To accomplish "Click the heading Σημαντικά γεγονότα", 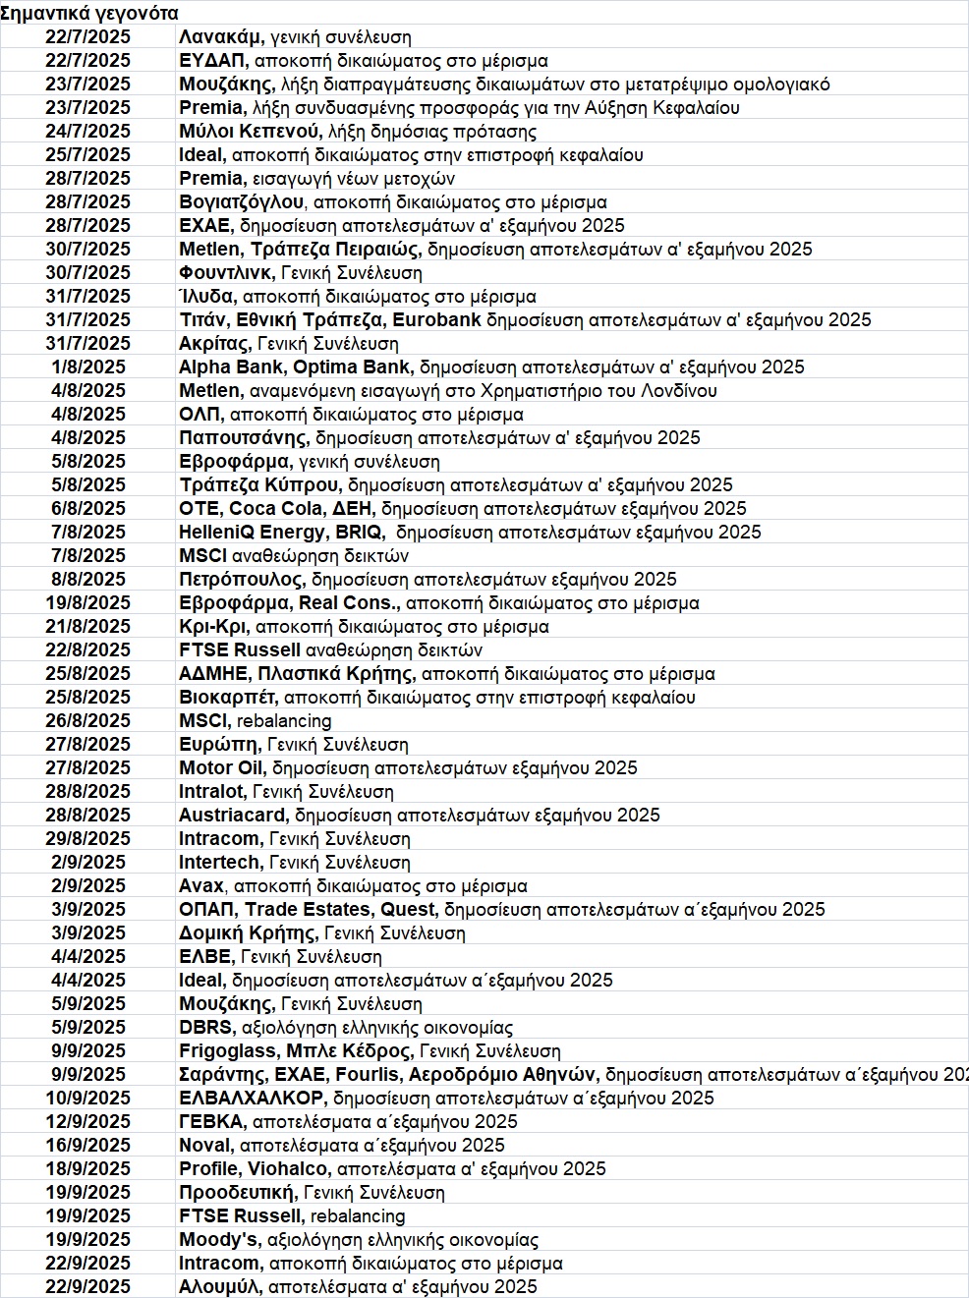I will (x=89, y=14).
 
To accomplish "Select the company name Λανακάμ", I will (x=220, y=37).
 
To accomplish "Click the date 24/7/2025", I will (x=87, y=132).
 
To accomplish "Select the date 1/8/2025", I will (x=87, y=367).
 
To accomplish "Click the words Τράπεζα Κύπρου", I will (x=259, y=485).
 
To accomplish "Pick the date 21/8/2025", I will (x=87, y=627).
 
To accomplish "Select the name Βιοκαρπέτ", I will (x=227, y=698).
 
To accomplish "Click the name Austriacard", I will (x=233, y=816).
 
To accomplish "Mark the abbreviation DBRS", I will (x=205, y=1028).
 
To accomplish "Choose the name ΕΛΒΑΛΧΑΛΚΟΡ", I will (x=251, y=1099).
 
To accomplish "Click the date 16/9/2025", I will (x=87, y=1146).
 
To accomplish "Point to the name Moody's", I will (x=218, y=1240).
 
